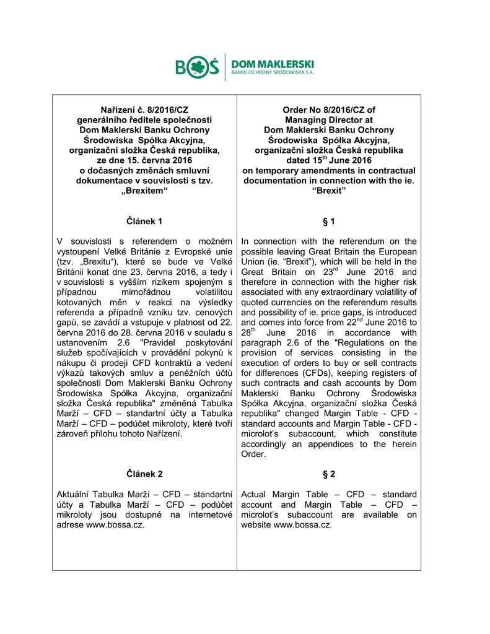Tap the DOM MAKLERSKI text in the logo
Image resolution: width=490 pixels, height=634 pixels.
click(x=272, y=64)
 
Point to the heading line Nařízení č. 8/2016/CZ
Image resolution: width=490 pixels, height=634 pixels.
click(x=144, y=110)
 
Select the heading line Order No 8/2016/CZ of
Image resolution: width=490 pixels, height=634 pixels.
click(x=329, y=110)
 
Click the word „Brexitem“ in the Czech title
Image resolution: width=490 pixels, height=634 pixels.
click(x=144, y=191)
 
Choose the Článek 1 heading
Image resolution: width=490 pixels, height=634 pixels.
click(x=144, y=221)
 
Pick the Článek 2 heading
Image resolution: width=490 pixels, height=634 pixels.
click(x=144, y=474)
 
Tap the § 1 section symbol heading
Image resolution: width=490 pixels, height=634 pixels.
click(x=329, y=221)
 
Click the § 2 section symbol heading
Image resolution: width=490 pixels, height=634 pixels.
click(x=329, y=474)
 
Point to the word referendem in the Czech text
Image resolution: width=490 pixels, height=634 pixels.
click(x=144, y=241)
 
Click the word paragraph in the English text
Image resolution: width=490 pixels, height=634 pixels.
click(x=265, y=342)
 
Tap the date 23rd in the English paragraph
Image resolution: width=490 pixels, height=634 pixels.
click(x=330, y=271)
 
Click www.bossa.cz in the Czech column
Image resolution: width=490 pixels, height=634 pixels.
click(x=115, y=524)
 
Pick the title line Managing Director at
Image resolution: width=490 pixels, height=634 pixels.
click(x=329, y=119)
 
